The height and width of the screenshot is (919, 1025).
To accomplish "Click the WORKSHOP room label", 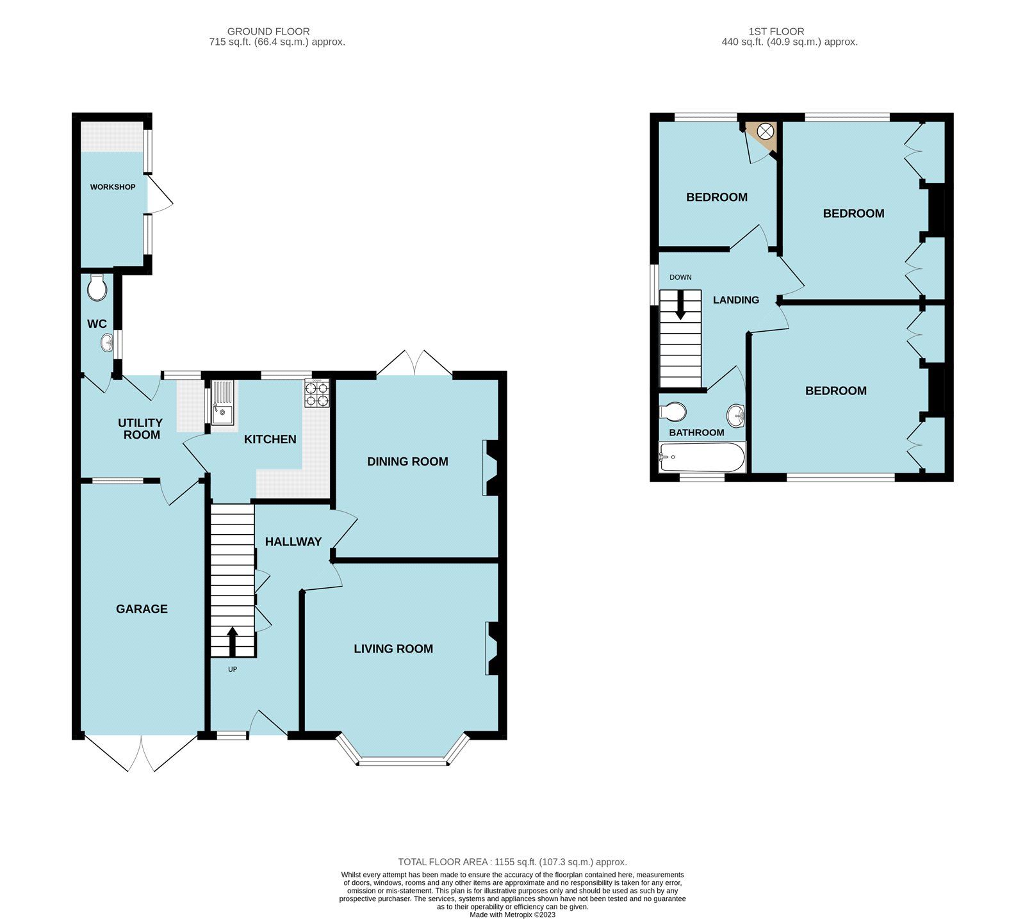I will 113,187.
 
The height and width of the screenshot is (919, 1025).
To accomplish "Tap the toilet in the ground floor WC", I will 97,288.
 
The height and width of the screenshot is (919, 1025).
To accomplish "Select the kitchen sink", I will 222,403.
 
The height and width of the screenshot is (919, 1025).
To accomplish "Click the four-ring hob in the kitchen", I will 317,393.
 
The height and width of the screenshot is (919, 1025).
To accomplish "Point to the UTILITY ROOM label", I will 141,428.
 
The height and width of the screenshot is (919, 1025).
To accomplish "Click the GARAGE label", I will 142,609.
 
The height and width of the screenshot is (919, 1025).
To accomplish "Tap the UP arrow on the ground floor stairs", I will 232,641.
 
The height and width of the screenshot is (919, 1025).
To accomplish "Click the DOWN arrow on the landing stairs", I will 680,304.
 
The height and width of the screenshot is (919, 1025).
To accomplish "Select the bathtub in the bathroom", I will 701,457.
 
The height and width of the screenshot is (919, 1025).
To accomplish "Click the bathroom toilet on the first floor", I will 674,410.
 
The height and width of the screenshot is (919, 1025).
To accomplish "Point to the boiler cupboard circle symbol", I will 766,131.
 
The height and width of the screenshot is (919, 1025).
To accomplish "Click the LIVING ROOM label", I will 393,649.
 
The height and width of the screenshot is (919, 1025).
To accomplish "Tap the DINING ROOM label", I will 407,462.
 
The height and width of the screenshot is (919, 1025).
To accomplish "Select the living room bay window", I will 403,760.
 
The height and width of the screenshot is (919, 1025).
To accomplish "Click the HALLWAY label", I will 293,542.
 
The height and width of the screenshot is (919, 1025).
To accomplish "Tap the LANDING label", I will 736,300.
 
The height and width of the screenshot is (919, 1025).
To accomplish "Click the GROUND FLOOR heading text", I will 268,31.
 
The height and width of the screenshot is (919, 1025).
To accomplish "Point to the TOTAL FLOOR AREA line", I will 512,862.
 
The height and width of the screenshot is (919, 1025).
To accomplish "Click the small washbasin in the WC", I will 107,344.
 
